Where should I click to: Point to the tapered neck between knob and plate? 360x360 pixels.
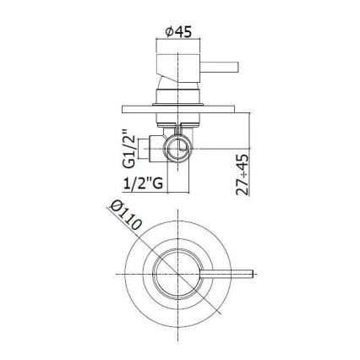tap(177, 94)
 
